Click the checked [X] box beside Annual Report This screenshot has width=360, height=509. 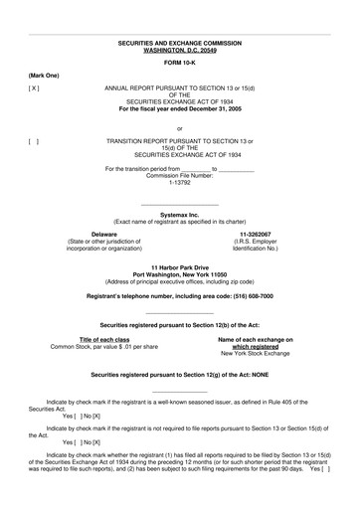pyautogui.click(x=34, y=87)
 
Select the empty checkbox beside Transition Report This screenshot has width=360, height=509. pyautogui.click(x=34, y=141)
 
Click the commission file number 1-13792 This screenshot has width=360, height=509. pyautogui.click(x=179, y=182)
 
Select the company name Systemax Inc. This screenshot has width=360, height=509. pyautogui.click(x=179, y=214)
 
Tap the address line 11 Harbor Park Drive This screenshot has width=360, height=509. pyautogui.click(x=179, y=267)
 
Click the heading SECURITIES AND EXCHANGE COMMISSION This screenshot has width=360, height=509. pyautogui.click(x=179, y=44)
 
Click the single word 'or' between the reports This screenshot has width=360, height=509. pyautogui.click(x=179, y=128)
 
